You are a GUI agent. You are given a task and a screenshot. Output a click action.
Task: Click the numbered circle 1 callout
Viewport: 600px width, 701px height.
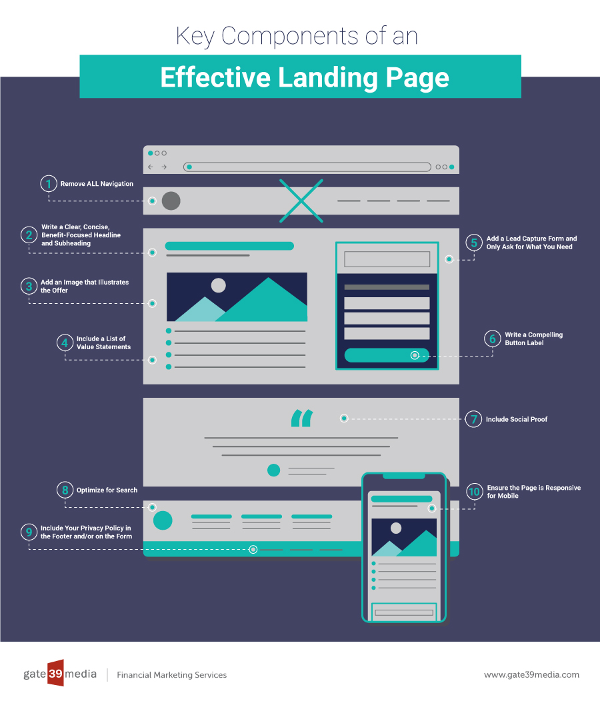[48, 184]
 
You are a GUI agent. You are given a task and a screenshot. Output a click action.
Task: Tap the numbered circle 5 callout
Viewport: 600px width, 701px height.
[474, 243]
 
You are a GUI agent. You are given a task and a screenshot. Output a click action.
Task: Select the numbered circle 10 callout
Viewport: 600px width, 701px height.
[474, 492]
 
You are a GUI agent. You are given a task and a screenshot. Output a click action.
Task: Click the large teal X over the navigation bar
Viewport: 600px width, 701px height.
[301, 200]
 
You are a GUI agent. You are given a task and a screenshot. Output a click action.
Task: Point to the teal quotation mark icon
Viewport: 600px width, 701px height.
[301, 418]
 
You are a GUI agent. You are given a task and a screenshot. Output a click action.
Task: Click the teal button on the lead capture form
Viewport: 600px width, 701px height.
[387, 355]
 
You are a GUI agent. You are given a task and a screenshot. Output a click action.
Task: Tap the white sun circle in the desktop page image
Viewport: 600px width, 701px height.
[218, 285]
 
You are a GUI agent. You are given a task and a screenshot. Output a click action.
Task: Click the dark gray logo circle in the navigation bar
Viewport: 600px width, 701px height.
[171, 201]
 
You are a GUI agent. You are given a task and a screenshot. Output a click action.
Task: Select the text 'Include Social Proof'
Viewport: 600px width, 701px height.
[517, 420]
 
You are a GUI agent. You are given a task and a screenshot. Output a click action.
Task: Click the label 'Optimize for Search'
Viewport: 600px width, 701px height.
[107, 490]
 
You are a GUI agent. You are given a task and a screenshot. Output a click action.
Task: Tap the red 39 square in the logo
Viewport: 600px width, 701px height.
[55, 673]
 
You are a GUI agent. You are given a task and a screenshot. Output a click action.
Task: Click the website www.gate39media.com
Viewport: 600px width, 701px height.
[531, 674]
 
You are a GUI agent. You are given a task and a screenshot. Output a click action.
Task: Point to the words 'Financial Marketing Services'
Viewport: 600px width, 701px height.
[171, 675]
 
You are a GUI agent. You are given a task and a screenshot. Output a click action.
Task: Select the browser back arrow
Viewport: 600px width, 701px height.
[151, 167]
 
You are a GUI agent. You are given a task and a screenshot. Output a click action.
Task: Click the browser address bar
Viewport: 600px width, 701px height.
[307, 167]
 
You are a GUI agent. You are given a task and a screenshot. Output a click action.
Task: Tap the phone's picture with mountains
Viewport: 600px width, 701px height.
[404, 537]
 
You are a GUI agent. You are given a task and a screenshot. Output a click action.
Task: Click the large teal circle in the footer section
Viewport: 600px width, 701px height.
[163, 520]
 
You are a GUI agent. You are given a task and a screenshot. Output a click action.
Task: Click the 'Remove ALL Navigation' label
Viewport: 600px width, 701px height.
[97, 184]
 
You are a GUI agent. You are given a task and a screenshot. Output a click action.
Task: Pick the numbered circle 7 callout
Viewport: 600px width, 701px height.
[473, 419]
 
